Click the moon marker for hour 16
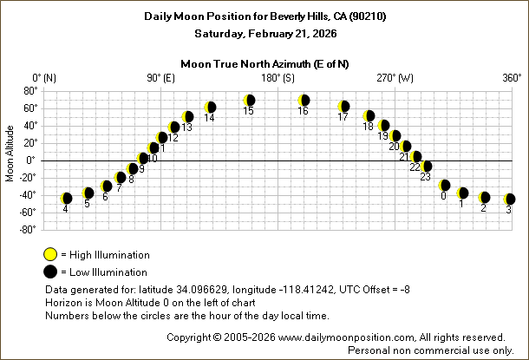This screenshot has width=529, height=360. pos(304,101)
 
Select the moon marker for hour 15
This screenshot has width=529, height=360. pos(249,101)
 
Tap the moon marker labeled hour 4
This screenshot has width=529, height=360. pos(66,199)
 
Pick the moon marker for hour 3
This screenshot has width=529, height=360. pos(510,200)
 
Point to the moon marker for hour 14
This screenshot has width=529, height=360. pos(210,108)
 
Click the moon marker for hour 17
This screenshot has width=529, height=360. pos(343,107)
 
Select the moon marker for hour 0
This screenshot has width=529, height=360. pos(445,185)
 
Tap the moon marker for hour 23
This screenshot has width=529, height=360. pos(426,167)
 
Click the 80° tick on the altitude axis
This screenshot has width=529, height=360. pos(29,90)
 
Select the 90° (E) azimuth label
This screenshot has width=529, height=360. pos(162,78)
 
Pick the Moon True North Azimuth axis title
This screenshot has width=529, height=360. pos(264,63)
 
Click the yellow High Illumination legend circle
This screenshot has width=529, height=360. pos(50,254)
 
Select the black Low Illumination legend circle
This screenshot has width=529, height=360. pos(50,272)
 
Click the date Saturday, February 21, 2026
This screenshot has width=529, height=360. pos(264,33)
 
